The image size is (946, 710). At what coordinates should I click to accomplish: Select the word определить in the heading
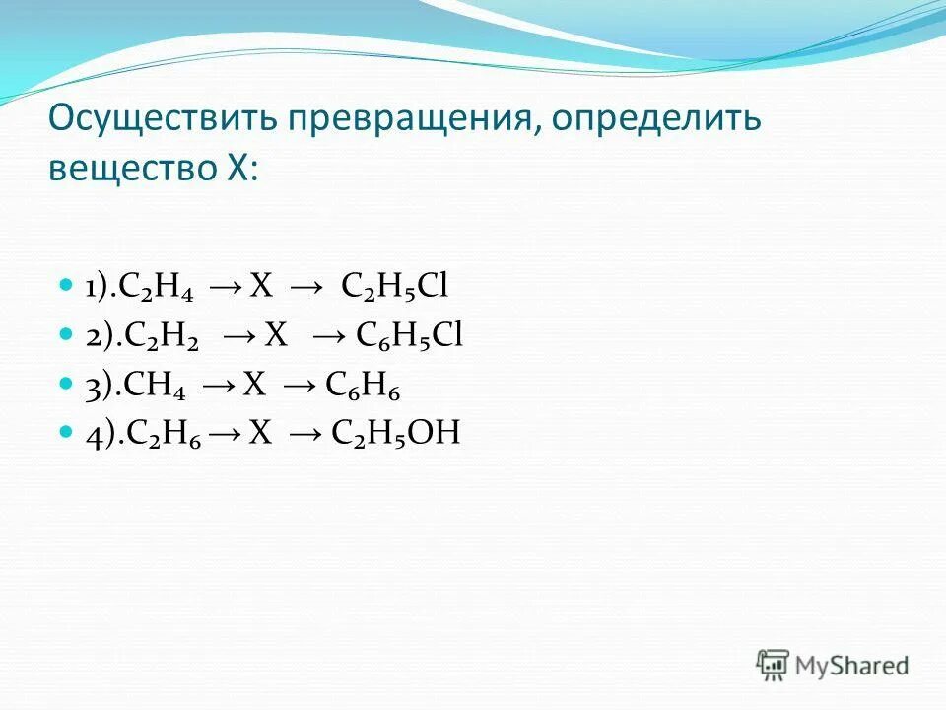[x=656, y=121]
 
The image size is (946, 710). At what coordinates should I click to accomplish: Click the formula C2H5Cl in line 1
[x=395, y=287]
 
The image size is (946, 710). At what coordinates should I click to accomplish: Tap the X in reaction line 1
[x=260, y=286]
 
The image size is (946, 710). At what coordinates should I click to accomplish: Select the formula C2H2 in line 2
[x=163, y=336]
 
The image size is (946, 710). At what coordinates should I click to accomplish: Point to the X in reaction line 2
[x=276, y=335]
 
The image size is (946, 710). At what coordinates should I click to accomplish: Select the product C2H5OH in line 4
[x=399, y=433]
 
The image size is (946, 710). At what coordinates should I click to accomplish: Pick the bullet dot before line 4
[x=66, y=431]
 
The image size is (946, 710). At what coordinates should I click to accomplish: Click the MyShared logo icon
[x=774, y=664]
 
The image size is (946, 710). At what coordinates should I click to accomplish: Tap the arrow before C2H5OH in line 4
[x=306, y=434]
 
